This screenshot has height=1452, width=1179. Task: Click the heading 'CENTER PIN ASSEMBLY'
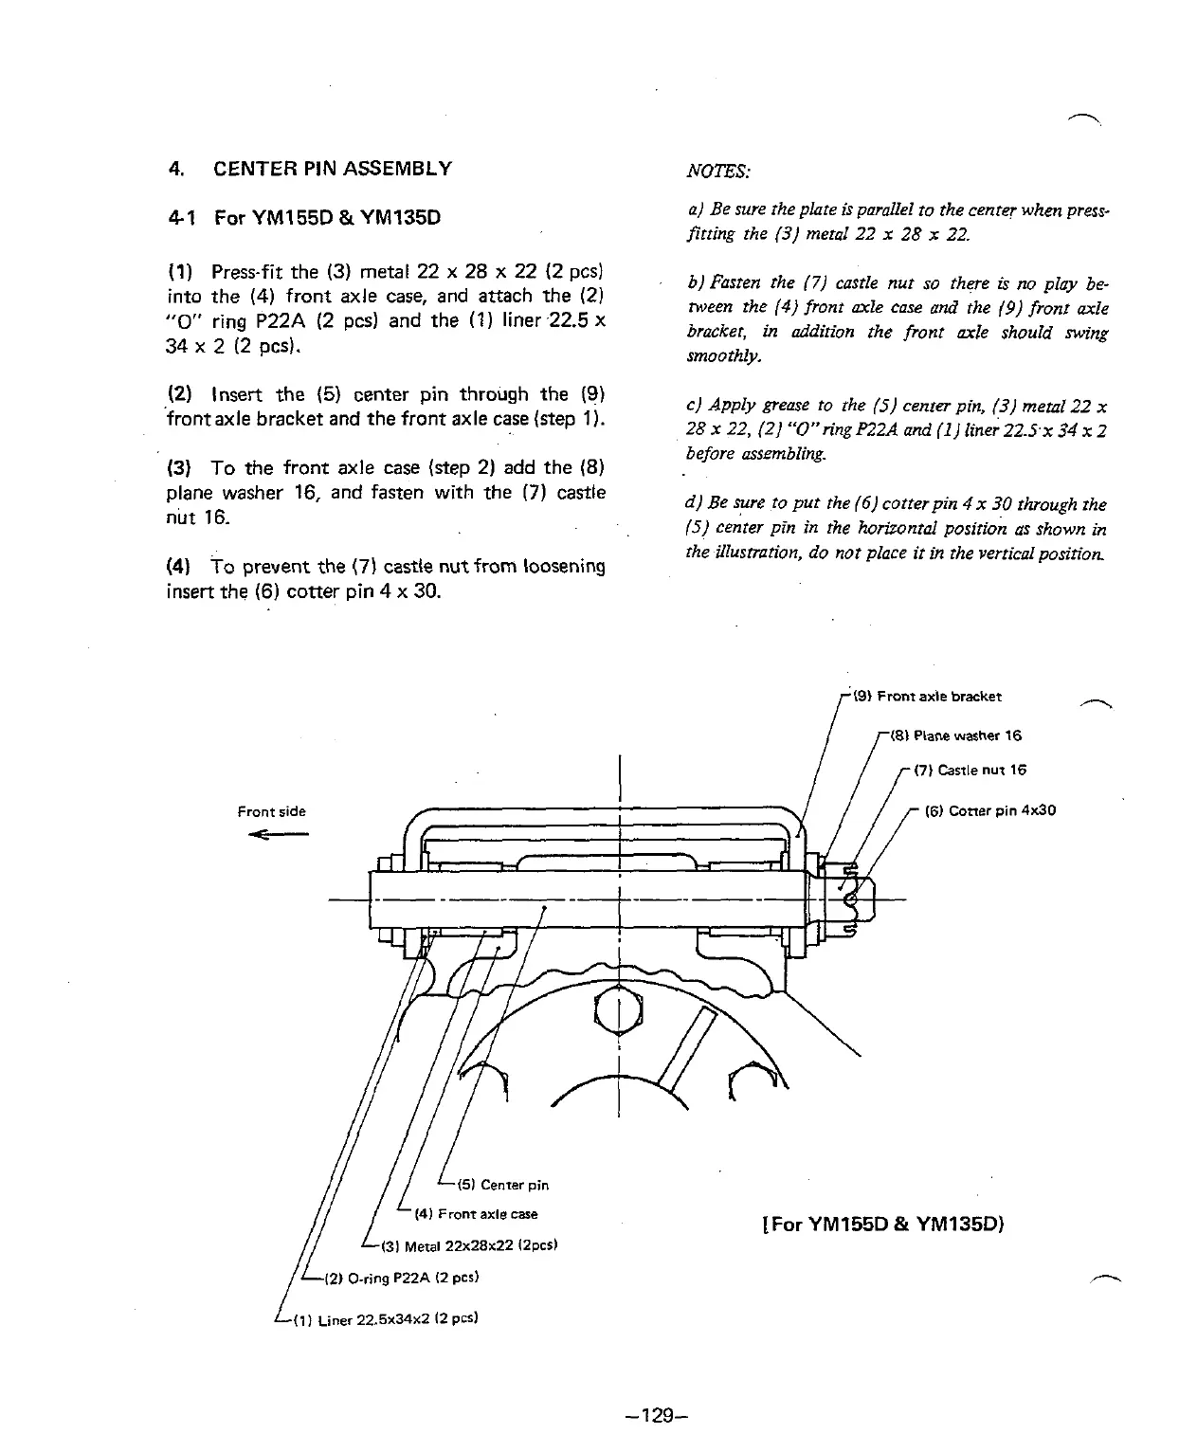(333, 169)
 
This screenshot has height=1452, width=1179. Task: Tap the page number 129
(655, 1416)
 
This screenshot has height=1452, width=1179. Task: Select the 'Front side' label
(271, 811)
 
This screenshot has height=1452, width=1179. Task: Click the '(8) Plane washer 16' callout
(952, 735)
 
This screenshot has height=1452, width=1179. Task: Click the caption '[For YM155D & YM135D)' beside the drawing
(882, 1224)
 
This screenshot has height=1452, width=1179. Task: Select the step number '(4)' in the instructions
(179, 567)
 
